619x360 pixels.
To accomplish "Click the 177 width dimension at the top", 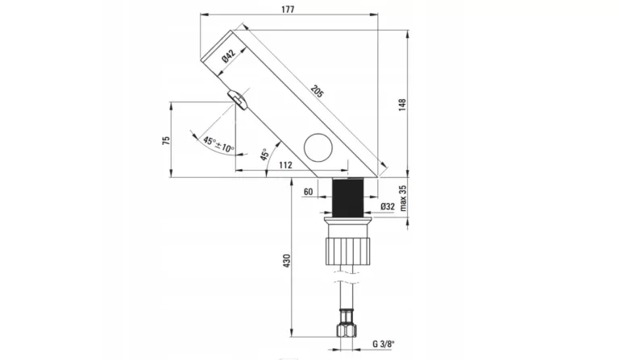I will point(289,9).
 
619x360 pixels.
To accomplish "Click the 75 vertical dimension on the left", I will point(166,139).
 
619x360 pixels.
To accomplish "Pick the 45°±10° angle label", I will point(218,144).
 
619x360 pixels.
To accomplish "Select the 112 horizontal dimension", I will point(285,164).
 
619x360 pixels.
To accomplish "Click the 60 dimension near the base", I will point(308,192).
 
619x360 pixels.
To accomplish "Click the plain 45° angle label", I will point(264,155).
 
